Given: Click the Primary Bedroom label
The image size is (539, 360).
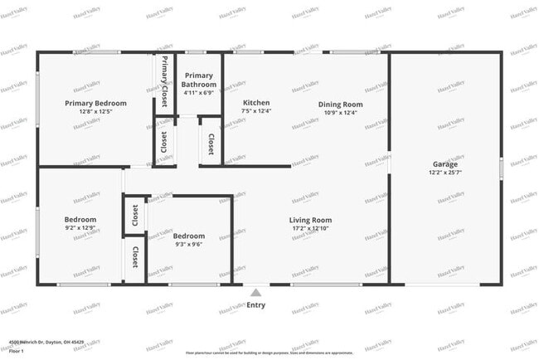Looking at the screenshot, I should [95, 104].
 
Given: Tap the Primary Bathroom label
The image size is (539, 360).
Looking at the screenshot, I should [200, 80].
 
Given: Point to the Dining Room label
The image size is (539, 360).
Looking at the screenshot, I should [341, 105].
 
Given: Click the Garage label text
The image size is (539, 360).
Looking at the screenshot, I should [444, 164].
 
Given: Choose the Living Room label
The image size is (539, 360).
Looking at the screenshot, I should [310, 220].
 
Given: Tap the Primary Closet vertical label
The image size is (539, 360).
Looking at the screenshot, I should [164, 81].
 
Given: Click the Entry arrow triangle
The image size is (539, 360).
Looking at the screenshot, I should [256, 293].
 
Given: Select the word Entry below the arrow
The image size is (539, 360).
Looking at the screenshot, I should [256, 304].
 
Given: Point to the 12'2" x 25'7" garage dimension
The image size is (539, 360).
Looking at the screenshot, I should [444, 173].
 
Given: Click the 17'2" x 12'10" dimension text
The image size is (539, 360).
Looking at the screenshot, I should [310, 228].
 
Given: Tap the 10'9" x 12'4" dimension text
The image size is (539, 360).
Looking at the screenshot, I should [341, 112].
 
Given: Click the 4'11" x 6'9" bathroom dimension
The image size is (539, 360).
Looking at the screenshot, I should [200, 93].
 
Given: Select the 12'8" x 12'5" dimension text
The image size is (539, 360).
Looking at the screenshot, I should [95, 112].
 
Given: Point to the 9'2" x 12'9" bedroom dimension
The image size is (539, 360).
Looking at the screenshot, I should [80, 228].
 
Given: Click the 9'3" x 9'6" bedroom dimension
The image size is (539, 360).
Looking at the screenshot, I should [190, 245].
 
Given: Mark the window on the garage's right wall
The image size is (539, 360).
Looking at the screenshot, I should [501, 168].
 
